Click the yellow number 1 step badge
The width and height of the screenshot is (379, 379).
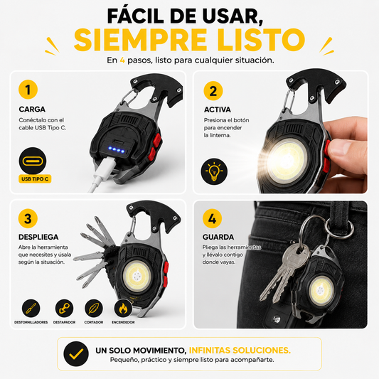(28, 90)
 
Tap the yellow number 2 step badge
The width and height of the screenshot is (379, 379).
(213, 91)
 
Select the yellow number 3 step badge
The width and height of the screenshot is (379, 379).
(28, 218)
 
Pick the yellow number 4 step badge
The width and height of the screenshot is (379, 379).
(212, 218)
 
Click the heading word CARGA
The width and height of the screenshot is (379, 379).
(32, 110)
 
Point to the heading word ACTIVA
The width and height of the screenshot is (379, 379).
(218, 110)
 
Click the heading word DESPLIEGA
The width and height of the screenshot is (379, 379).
(38, 237)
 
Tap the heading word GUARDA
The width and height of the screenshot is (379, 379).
(218, 237)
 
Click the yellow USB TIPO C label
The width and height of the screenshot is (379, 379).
(35, 179)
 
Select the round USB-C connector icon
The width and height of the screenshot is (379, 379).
(33, 161)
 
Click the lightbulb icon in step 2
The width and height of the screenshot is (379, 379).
(214, 171)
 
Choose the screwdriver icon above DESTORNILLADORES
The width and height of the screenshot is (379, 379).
(31, 308)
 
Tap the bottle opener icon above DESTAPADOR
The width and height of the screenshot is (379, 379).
(64, 308)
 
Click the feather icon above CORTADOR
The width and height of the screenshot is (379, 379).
(94, 308)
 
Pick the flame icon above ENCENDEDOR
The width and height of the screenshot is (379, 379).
(123, 308)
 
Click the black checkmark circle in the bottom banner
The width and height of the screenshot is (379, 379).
(76, 354)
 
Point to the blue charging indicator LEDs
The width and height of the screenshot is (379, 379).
(117, 149)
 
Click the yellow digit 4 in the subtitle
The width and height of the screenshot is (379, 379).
(122, 60)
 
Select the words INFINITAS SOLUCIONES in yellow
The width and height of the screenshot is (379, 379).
(240, 351)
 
